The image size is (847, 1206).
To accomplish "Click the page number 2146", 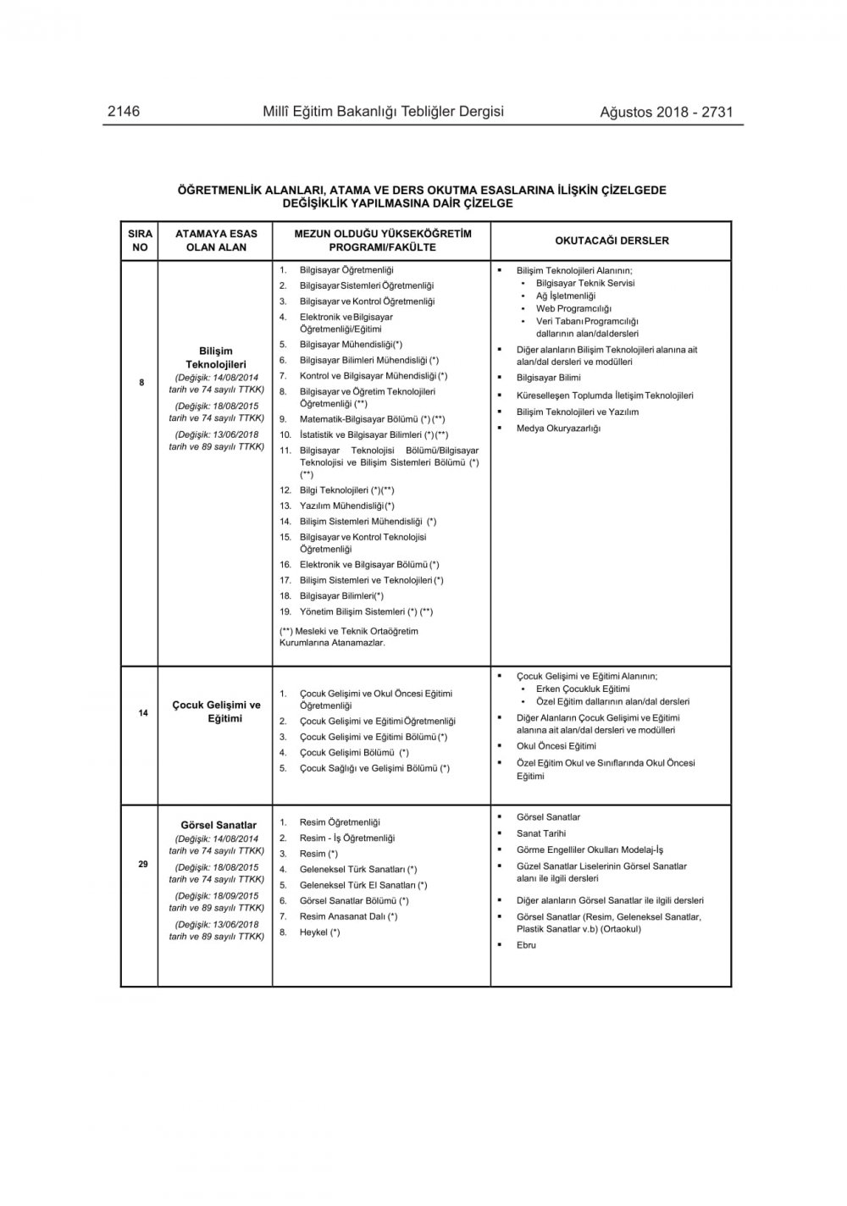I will point(124,112).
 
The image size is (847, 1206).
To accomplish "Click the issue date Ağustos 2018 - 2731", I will point(666,112).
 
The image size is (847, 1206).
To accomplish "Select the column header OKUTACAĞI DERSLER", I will point(612,241).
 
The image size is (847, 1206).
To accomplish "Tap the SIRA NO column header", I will point(140,241).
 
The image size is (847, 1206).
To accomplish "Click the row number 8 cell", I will point(141,383).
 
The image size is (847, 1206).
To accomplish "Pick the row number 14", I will point(143,713).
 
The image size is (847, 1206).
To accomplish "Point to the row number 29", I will point(143,864).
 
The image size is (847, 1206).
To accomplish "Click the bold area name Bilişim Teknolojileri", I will point(216,357).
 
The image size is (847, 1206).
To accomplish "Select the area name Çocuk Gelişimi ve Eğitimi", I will point(217,711).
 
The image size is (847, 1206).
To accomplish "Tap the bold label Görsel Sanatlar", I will point(219,825).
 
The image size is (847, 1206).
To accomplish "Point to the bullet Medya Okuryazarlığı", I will point(558,429).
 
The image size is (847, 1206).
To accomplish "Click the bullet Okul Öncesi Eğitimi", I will point(556,746).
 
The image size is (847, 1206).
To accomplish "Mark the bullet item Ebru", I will point(526,945).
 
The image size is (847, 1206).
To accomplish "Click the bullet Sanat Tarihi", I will point(541,833).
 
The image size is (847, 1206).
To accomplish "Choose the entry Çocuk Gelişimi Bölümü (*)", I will point(354,753).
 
